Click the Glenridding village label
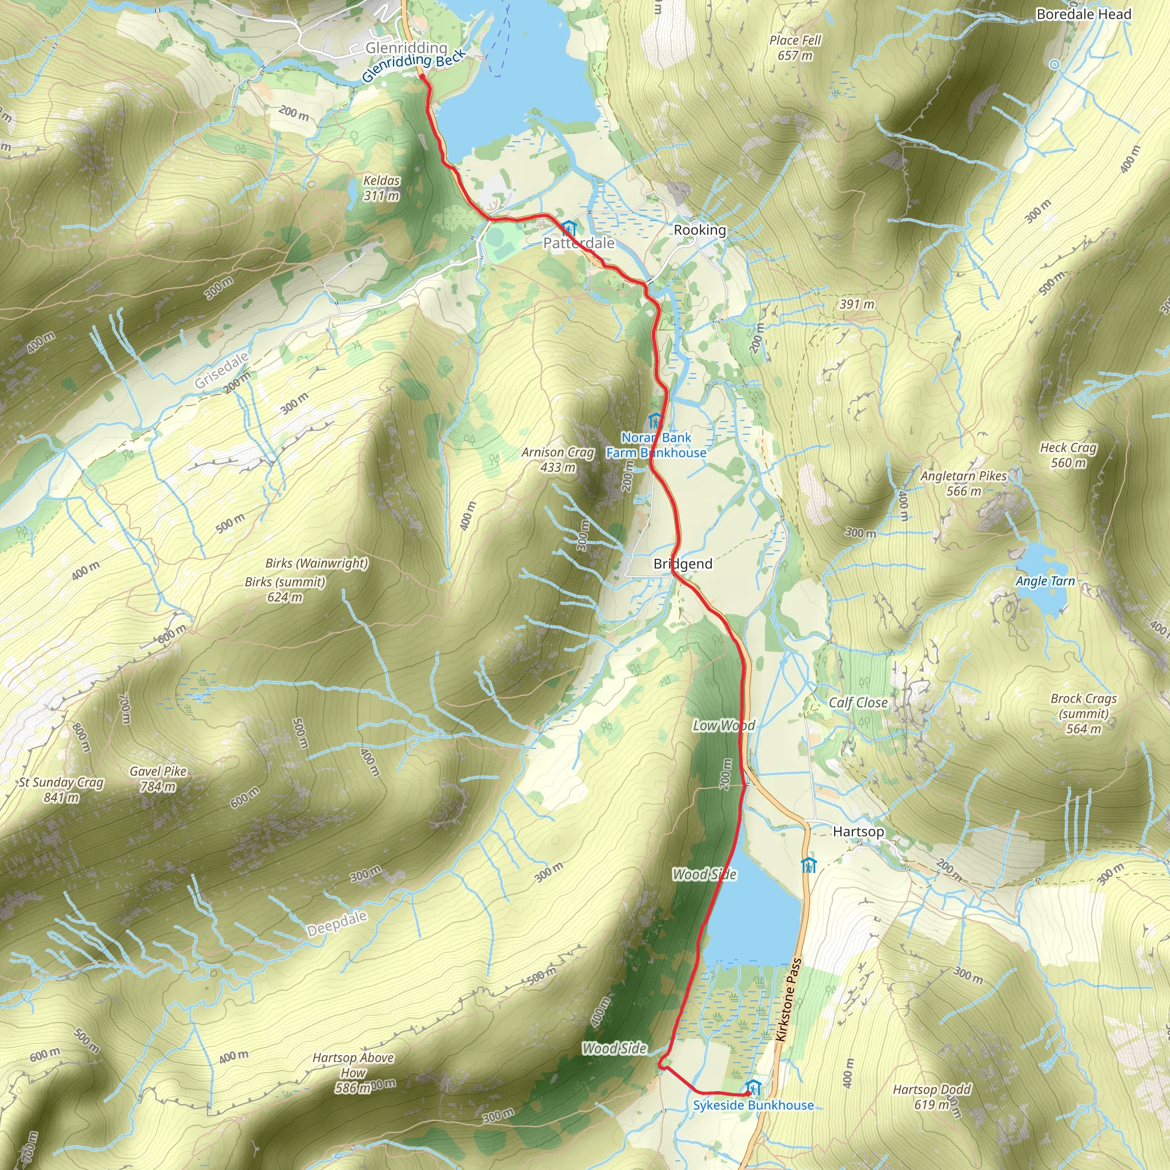coord(406,47)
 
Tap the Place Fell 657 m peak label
coord(795,48)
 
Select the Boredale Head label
coord(1083,14)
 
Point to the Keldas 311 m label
coord(382,188)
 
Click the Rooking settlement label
coord(699,230)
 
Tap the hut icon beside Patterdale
coord(568,228)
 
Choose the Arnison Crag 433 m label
coord(558,460)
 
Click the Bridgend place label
coord(683,564)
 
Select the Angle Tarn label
coord(1045,581)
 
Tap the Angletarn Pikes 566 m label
coord(964,483)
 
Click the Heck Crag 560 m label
coord(1068,455)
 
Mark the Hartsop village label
coord(858,831)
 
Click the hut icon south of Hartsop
coord(808,866)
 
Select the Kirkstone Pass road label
coord(789,1000)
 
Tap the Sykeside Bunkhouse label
coord(754,1105)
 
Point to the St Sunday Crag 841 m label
coord(61,790)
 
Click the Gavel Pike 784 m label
coord(158,779)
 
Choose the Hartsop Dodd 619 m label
coord(931,1097)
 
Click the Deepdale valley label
coord(336,924)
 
